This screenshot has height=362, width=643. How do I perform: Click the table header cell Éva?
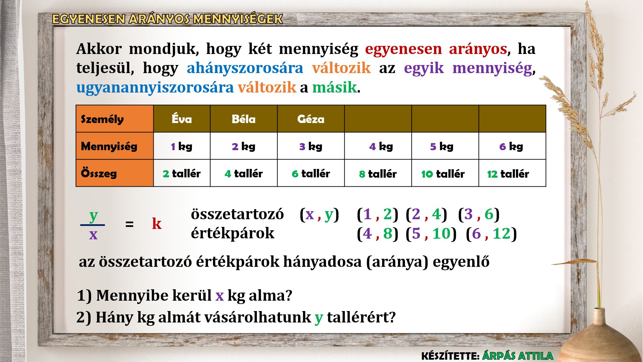[x=182, y=119]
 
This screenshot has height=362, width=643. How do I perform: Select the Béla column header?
[x=244, y=119]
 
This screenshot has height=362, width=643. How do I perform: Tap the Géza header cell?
[x=311, y=119]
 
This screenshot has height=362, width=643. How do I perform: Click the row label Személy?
[x=115, y=119]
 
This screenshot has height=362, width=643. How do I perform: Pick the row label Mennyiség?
[x=115, y=146]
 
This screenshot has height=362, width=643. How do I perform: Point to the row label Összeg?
[x=115, y=173]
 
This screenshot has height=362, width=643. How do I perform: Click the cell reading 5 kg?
[x=445, y=146]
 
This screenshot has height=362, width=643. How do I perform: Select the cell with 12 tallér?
[x=512, y=173]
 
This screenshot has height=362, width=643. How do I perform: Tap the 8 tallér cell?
[x=378, y=173]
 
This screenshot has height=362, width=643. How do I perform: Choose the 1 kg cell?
[x=182, y=146]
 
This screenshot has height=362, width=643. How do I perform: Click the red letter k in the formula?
[x=157, y=223]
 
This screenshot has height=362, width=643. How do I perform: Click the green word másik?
[x=335, y=87]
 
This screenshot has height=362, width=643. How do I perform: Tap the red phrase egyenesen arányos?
[x=436, y=49]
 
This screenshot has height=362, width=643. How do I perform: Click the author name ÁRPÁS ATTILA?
[x=518, y=356]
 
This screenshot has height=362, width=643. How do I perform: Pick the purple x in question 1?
[x=220, y=296]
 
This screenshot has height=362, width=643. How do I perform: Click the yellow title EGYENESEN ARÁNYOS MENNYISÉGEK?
[x=167, y=19]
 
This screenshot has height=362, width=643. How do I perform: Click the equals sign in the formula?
[x=129, y=224]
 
